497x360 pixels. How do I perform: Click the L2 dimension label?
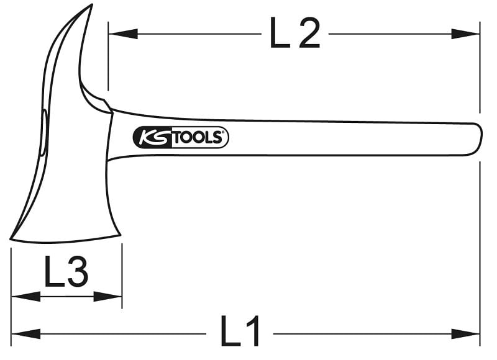[294, 33]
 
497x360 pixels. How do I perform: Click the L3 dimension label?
[66, 271]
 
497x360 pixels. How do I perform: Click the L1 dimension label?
[240, 330]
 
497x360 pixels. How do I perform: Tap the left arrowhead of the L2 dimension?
[123, 34]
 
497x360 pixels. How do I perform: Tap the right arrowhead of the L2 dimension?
[465, 34]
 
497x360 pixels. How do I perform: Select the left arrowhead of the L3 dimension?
[26, 297]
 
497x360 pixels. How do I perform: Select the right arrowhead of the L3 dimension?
[107, 297]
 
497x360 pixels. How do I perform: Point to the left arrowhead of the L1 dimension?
[26, 334]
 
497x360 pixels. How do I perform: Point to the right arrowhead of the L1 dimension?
[465, 334]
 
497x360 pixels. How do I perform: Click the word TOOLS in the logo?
[198, 137]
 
